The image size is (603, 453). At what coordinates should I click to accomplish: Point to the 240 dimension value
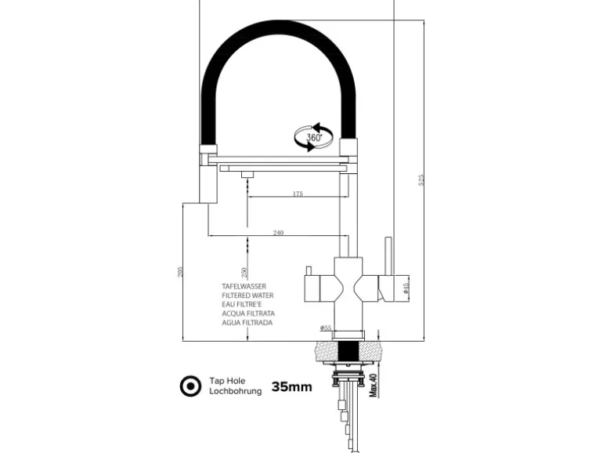pyautogui.click(x=279, y=233)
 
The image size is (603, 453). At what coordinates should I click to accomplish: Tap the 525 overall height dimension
pyautogui.click(x=423, y=180)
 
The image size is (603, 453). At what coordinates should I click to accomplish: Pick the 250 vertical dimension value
pyautogui.click(x=246, y=272)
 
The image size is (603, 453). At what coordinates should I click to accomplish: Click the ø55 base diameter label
pyautogui.click(x=327, y=327)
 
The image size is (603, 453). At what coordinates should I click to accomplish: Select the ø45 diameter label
pyautogui.click(x=405, y=288)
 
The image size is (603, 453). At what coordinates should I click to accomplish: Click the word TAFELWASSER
pyautogui.click(x=244, y=287)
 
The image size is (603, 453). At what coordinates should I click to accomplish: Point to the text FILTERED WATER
pyautogui.click(x=247, y=295)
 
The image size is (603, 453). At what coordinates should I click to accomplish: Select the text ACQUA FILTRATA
pyautogui.click(x=247, y=313)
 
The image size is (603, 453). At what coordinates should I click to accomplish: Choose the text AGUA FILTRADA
pyautogui.click(x=247, y=322)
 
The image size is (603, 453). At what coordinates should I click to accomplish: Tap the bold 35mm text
pyautogui.click(x=292, y=386)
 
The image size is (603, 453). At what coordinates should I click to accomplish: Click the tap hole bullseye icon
pyautogui.click(x=190, y=386)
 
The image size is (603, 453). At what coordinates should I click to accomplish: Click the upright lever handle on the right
pyautogui.click(x=386, y=259)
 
